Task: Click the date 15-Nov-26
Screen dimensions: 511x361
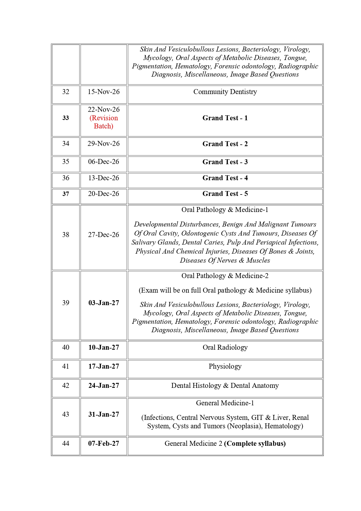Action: [104, 92]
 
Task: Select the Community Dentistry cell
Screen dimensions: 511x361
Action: [225, 92]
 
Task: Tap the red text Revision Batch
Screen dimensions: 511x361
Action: [104, 122]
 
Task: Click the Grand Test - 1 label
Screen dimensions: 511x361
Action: [225, 118]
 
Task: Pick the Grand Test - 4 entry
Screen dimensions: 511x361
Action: [225, 178]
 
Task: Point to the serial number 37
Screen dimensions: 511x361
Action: [66, 194]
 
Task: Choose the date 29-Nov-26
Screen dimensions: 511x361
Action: [104, 144]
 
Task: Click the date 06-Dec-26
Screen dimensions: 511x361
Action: [104, 162]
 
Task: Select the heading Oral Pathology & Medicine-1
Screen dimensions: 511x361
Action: [225, 210]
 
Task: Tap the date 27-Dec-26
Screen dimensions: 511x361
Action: [104, 235]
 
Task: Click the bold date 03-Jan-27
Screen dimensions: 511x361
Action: [104, 303]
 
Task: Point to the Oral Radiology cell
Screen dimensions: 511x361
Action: [225, 347]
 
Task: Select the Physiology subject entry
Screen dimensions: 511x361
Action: [225, 366]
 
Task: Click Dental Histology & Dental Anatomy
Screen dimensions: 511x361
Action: [225, 386]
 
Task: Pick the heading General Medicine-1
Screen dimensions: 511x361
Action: [225, 403]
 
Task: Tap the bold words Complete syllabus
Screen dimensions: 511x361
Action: [255, 443]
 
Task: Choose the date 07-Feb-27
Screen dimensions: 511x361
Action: [104, 443]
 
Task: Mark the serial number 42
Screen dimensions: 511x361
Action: [66, 386]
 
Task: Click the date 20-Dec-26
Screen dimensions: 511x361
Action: [104, 194]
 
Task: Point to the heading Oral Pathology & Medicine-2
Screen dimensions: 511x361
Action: [225, 276]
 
